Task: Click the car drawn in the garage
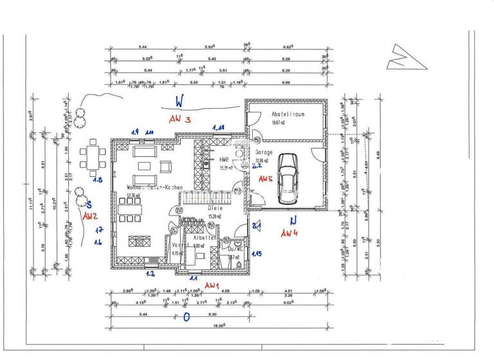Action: pyautogui.click(x=286, y=178)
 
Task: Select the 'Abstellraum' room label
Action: pyautogui.click(x=288, y=114)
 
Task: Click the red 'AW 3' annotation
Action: pyautogui.click(x=180, y=120)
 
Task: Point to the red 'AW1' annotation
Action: pyautogui.click(x=212, y=284)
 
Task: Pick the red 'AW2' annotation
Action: pyautogui.click(x=90, y=217)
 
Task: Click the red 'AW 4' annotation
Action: pyautogui.click(x=291, y=233)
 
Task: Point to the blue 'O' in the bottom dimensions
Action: pyautogui.click(x=187, y=317)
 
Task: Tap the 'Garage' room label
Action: pyautogui.click(x=264, y=153)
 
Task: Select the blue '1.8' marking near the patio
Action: pyautogui.click(x=98, y=181)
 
